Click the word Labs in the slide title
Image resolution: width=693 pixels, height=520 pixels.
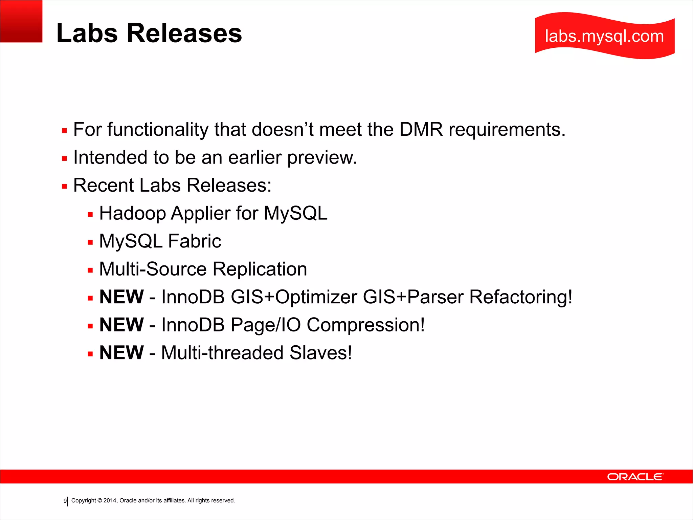(87, 33)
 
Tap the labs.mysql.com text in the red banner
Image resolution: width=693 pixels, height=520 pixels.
(604, 36)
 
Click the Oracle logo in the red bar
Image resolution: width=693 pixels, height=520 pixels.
(635, 477)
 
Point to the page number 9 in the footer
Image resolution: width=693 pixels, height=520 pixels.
(65, 501)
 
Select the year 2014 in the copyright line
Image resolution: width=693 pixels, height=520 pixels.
(110, 501)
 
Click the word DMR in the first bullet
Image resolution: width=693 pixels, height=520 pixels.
(421, 129)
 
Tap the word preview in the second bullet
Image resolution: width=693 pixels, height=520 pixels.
(322, 158)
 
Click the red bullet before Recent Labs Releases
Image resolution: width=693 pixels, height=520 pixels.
(64, 186)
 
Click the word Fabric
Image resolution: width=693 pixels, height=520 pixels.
(195, 241)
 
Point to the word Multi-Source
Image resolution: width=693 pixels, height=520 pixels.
(153, 269)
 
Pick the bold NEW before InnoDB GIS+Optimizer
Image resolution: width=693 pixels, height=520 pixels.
(121, 297)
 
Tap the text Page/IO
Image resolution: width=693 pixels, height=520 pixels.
(266, 325)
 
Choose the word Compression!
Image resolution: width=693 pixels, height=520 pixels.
(365, 325)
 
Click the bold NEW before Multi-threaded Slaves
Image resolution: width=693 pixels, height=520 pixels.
(121, 353)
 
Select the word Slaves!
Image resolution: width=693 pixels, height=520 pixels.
(320, 353)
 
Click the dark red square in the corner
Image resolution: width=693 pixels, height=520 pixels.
(21, 21)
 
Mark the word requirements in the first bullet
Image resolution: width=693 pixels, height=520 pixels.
(507, 130)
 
